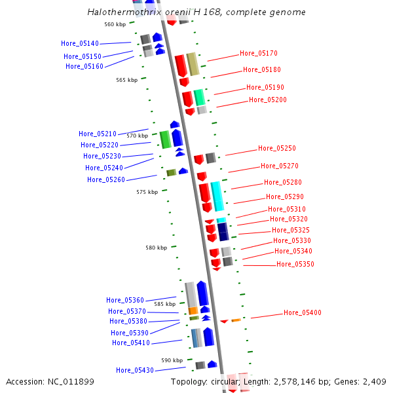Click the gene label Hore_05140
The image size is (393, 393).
pos(80,43)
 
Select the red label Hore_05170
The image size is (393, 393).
pos(259,53)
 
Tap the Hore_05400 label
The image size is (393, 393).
pos(303,312)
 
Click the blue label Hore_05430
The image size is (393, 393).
pos(135,370)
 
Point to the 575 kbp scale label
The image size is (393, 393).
pos(147,192)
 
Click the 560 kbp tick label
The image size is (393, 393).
pos(115,24)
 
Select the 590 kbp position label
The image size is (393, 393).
pos(172,360)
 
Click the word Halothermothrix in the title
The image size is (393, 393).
pos(119,12)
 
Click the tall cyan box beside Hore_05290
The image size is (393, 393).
pos(217,196)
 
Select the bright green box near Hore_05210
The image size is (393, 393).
pos(165,139)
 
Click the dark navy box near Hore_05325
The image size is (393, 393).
pos(223,231)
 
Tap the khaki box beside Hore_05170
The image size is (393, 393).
pos(193,64)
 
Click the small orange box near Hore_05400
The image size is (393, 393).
pos(236,320)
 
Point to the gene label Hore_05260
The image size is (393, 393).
pos(106,179)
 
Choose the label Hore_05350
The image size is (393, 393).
pos(295,264)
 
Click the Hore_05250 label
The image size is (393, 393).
pos(277,148)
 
